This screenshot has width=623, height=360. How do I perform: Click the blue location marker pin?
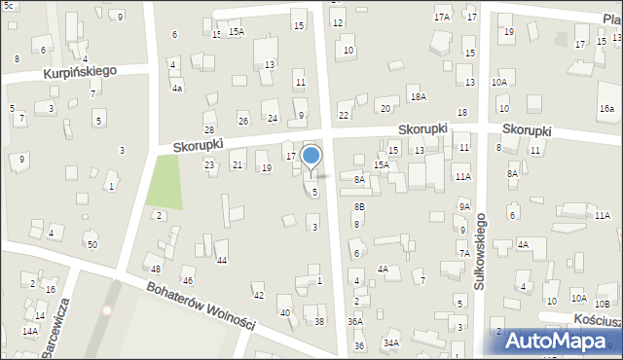click(311, 157)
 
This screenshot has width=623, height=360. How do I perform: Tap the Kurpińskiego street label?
click(79, 72)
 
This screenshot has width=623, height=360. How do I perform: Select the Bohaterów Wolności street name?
click(202, 307)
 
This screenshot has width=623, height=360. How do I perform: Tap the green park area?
click(166, 182)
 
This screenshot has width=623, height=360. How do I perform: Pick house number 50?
click(92, 244)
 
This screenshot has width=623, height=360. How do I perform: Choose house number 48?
click(156, 269)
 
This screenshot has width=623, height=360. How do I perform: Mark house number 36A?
click(355, 321)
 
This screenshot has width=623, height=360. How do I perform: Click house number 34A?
click(390, 342)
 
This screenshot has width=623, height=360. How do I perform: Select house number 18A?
click(419, 96)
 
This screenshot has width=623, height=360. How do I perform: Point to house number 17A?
click(442, 17)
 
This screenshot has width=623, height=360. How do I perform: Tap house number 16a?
click(606, 108)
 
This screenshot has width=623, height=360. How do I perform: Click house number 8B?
click(359, 206)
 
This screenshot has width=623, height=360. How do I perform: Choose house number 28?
click(208, 129)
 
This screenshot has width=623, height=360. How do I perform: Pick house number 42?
click(258, 295)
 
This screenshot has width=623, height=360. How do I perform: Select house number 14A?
click(30, 332)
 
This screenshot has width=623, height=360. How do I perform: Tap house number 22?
click(344, 116)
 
